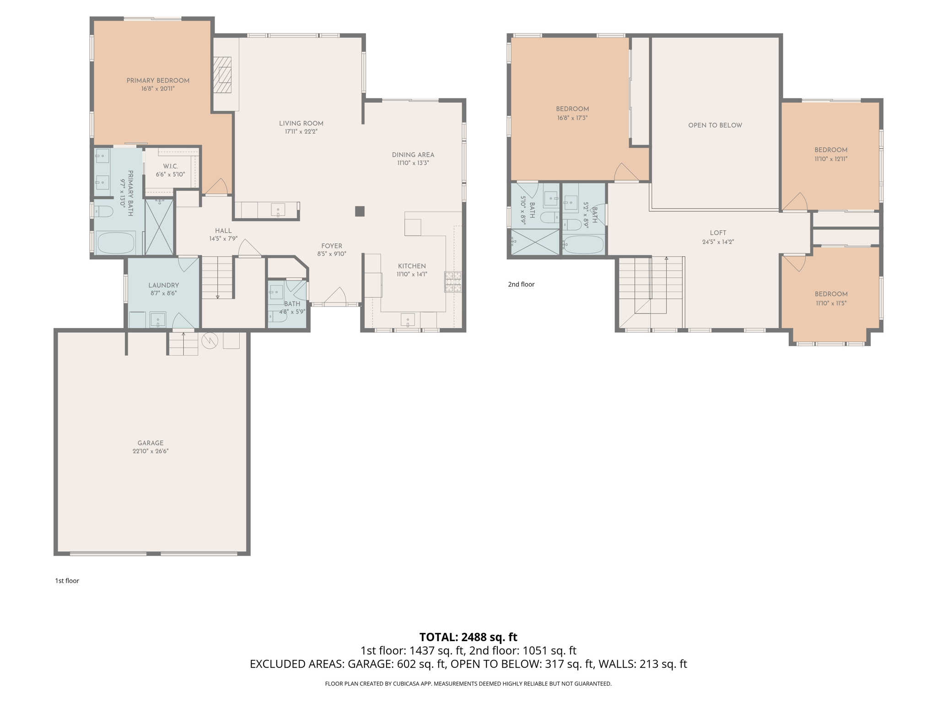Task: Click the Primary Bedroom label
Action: pyautogui.click(x=158, y=81)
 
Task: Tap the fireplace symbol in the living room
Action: pyautogui.click(x=224, y=75)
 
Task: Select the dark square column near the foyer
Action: pyautogui.click(x=360, y=211)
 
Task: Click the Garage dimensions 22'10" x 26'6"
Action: pyautogui.click(x=151, y=451)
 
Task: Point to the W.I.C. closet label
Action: pyautogui.click(x=170, y=166)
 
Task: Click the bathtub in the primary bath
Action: pyautogui.click(x=115, y=243)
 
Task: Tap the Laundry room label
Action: pyautogui.click(x=163, y=285)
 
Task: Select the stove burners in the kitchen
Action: pyautogui.click(x=453, y=281)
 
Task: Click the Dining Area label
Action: pyautogui.click(x=413, y=155)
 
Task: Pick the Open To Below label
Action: pyautogui.click(x=715, y=125)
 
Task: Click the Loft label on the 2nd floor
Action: pyautogui.click(x=718, y=233)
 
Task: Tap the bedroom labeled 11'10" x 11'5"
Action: pyautogui.click(x=831, y=298)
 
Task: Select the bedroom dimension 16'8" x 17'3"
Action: pyautogui.click(x=572, y=118)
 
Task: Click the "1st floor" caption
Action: pyautogui.click(x=67, y=580)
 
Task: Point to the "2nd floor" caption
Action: pyautogui.click(x=521, y=284)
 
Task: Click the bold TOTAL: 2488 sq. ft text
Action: pyautogui.click(x=468, y=637)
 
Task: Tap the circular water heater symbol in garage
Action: pyautogui.click(x=210, y=340)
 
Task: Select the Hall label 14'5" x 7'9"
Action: pyautogui.click(x=223, y=234)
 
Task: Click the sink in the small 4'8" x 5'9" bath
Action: pyautogui.click(x=276, y=292)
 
